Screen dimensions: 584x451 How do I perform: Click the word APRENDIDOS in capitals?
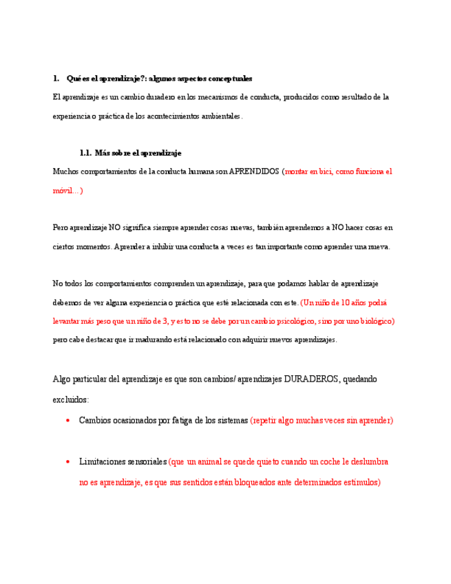(254, 171)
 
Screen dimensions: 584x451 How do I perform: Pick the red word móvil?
(64, 190)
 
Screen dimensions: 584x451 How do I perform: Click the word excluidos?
(70, 399)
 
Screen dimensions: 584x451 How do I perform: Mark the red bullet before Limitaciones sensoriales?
(67, 462)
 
